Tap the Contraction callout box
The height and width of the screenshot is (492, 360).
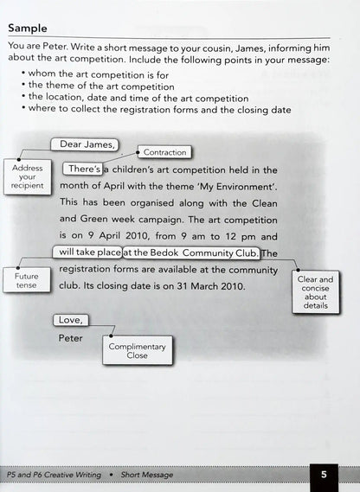point(164,152)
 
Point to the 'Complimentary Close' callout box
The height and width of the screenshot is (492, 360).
point(138,351)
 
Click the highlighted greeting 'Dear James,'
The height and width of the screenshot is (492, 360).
point(85,144)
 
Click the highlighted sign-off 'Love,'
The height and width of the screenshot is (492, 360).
point(69,320)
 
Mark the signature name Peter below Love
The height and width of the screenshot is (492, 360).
point(71,338)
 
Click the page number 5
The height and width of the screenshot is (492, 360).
point(324,474)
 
